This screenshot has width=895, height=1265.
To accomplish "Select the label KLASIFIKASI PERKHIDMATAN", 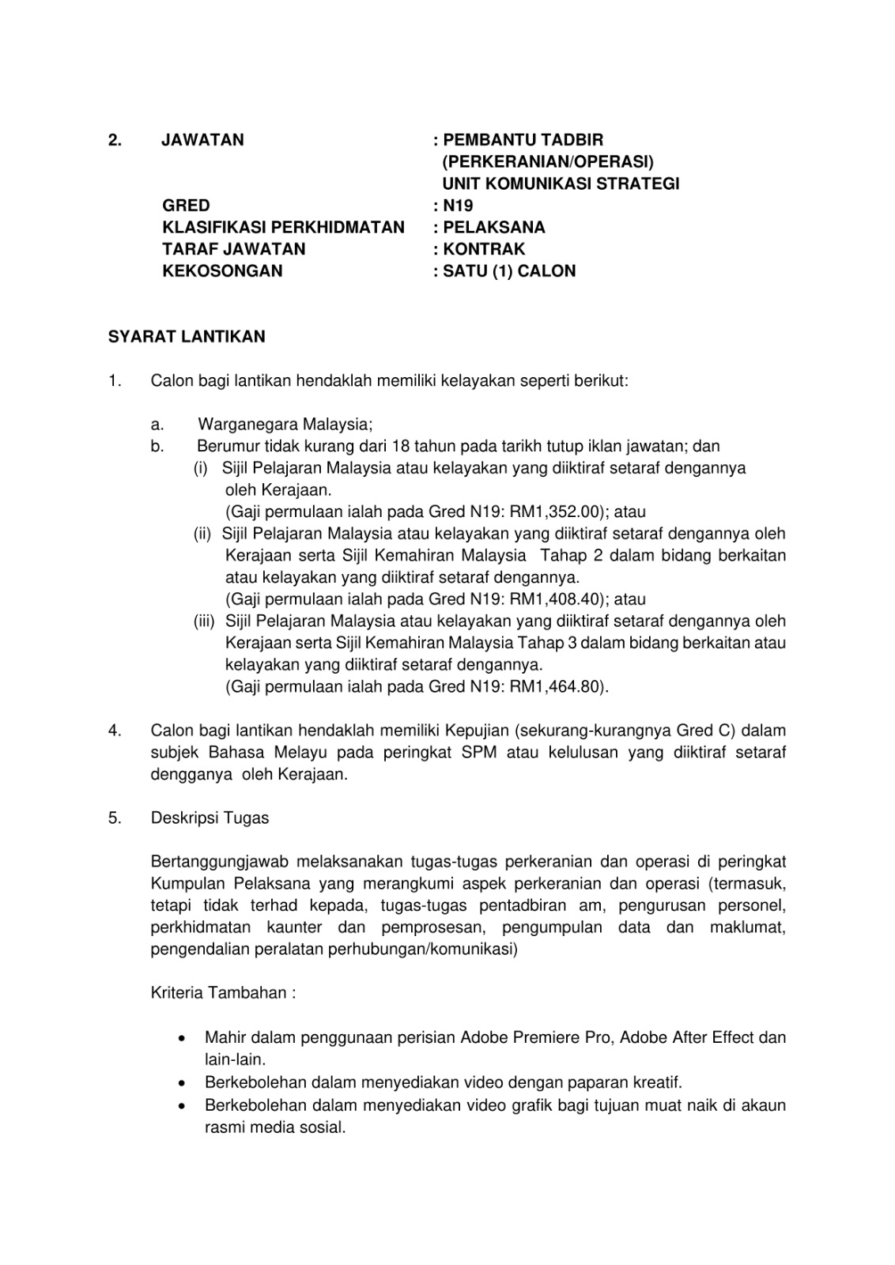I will click(x=283, y=228).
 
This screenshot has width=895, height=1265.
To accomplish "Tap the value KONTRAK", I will click(x=484, y=249).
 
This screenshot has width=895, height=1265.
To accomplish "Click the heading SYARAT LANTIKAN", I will click(x=187, y=337).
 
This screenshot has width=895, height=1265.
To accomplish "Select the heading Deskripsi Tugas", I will click(x=210, y=818).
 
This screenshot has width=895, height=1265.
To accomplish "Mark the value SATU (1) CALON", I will click(x=509, y=271).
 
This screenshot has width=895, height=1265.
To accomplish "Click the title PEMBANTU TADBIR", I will click(x=523, y=141).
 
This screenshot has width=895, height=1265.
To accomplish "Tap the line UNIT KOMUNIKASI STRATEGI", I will click(x=561, y=184).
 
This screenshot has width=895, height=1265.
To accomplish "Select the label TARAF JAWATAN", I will click(x=233, y=249).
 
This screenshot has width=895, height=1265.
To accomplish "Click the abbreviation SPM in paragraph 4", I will click(x=479, y=752).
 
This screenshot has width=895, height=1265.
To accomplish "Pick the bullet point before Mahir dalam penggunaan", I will click(x=183, y=1037).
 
